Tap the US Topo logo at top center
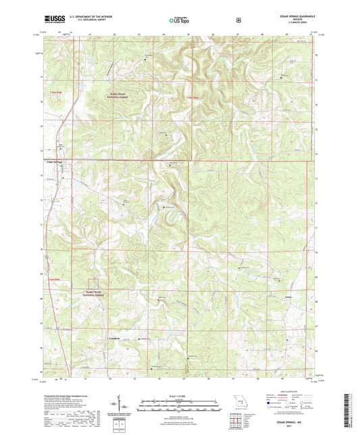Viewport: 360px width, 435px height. point(177,21)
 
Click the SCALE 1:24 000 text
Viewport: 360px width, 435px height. point(178,395)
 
